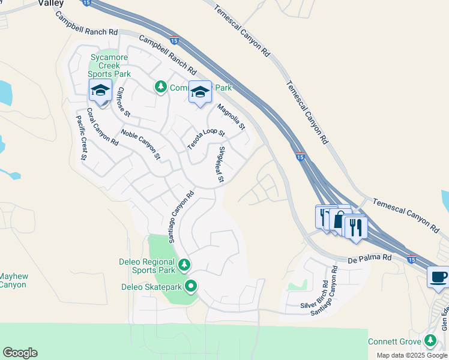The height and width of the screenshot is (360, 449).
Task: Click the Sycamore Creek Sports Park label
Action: coord(109,65)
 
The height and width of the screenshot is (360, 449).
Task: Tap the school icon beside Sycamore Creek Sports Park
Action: coord(100,91)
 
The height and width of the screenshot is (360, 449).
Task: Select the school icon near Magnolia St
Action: coord(200,92)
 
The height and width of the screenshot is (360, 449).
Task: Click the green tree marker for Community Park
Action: coord(160,88)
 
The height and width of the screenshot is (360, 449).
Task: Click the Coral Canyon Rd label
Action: coord(102,127)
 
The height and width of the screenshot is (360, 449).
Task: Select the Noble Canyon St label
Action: coord(141,145)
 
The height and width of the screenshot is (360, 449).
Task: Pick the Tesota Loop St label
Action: coord(206,140)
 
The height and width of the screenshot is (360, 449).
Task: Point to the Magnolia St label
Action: coord(232,117)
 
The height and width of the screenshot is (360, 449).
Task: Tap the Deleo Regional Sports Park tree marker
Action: coord(185,264)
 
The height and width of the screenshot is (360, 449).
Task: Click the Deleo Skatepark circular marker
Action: coord(191,286)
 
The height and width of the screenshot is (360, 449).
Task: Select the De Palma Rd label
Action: coord(370,259)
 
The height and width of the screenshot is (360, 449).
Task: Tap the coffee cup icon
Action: coord(438,278)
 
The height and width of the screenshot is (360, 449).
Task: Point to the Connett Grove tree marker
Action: coord(430,341)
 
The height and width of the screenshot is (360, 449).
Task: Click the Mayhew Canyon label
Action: coord(13,280)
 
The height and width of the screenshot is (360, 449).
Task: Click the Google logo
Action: coord(20,353)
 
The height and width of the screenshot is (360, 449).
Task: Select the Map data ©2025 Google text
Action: coord(412,355)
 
